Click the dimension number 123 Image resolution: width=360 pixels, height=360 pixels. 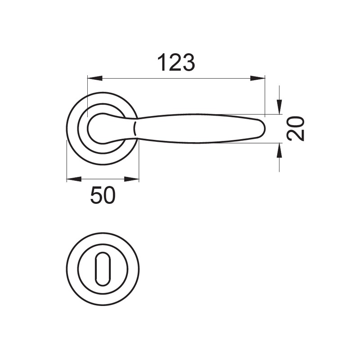(176, 62)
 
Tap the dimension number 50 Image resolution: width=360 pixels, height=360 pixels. (103, 195)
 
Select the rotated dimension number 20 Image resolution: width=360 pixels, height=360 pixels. (296, 129)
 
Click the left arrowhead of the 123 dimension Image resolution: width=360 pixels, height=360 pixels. (95, 78)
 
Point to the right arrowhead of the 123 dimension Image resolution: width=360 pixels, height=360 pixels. (257, 78)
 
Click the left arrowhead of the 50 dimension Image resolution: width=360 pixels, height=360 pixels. (74, 179)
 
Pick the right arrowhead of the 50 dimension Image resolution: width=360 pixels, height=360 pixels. (131, 179)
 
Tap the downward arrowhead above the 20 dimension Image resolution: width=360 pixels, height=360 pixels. (279, 107)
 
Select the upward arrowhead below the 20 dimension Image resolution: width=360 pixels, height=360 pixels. (279, 150)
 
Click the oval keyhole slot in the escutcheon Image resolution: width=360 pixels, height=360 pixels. (103, 269)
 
